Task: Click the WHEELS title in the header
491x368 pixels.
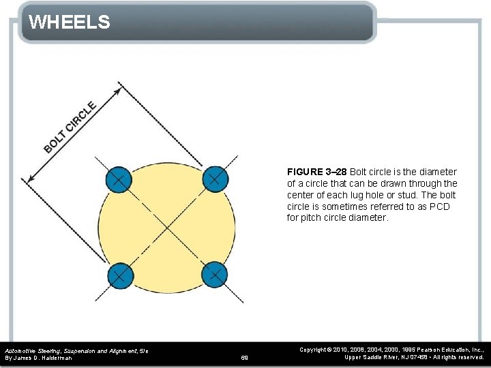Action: (x=69, y=22)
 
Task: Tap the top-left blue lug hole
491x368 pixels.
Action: (x=118, y=180)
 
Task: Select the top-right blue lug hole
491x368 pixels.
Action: (x=214, y=180)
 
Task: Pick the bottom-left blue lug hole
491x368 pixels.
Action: (x=119, y=275)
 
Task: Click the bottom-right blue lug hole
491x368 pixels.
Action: (x=214, y=275)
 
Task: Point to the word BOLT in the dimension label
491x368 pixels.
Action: (x=55, y=140)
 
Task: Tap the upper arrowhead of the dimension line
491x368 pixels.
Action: (x=120, y=87)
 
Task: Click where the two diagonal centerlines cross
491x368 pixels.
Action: (x=166, y=228)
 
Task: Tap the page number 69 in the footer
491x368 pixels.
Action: (x=245, y=357)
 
